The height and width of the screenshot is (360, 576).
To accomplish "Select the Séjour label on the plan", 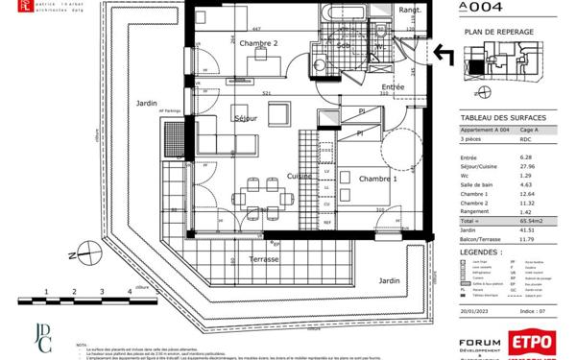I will click(x=247, y=118).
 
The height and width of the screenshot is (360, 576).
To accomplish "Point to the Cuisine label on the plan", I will click(x=300, y=177).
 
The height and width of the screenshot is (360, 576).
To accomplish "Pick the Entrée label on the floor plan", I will click(x=394, y=87).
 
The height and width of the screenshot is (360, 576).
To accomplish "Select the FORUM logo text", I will click(x=480, y=342).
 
